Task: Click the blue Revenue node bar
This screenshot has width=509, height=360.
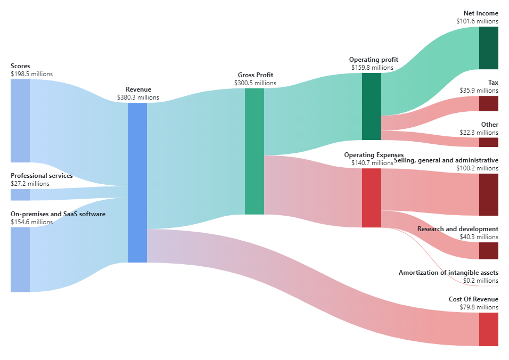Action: point(137,182)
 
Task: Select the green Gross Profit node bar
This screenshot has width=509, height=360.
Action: point(254,151)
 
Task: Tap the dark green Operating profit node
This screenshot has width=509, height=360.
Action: point(372,107)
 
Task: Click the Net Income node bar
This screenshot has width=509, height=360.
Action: point(489,48)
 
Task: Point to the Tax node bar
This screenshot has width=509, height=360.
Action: point(489,103)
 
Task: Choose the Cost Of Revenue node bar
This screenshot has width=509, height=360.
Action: point(489,329)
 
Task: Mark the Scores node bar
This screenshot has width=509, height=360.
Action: point(20,120)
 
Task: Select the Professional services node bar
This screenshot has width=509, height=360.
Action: point(20,194)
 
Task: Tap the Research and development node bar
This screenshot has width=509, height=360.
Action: point(489,250)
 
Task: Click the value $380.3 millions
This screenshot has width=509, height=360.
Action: point(138,97)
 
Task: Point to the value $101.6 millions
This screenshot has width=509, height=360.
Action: point(477,21)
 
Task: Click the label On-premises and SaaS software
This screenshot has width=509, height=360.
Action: point(58,214)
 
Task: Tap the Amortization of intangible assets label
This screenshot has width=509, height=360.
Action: point(448,273)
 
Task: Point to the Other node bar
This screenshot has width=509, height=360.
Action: point(489,142)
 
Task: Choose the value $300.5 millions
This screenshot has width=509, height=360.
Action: point(255,83)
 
